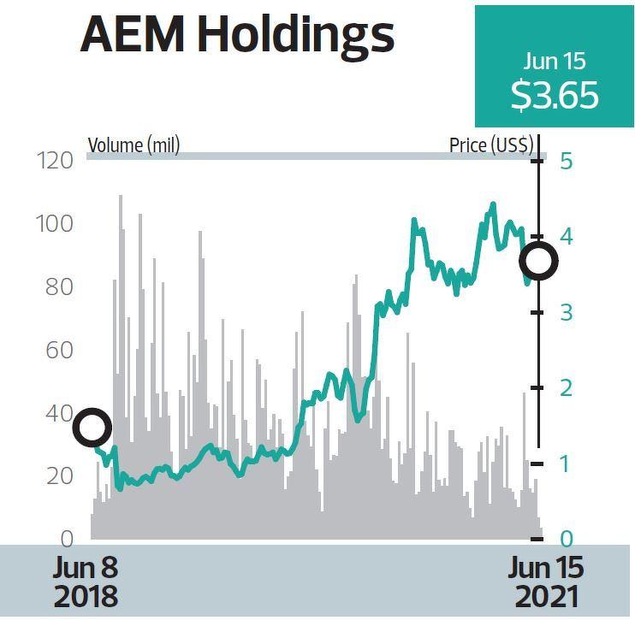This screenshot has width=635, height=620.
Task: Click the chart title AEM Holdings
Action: coord(237,36)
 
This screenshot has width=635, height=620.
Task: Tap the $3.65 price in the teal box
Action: coord(554,95)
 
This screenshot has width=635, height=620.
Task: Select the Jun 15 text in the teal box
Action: coord(554,61)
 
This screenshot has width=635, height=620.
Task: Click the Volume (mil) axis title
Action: coord(134,145)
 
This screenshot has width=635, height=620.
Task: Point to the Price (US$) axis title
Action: coord(491,145)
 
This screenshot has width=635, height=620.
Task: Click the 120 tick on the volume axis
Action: coord(56,161)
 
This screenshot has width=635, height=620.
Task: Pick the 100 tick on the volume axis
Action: coord(56,224)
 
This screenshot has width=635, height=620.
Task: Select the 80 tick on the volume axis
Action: coord(58,287)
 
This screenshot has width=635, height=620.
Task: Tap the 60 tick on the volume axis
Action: coord(58,351)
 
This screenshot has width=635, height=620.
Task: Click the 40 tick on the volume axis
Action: coord(58,414)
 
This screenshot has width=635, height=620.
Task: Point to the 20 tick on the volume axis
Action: coord(58,476)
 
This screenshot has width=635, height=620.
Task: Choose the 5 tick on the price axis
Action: coord(567,161)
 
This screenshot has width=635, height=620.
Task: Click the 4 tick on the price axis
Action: coord(567,237)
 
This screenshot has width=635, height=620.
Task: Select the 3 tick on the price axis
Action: coord(567,313)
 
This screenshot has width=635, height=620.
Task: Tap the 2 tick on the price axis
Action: coord(567,388)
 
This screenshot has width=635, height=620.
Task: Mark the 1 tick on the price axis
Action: coord(565,464)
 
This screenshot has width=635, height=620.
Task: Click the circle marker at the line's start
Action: coord(92,427)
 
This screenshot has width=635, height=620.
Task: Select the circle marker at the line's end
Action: coord(539,261)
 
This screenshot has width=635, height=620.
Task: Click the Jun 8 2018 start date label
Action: coord(85,582)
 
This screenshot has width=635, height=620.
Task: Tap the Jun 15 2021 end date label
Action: coord(546,582)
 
